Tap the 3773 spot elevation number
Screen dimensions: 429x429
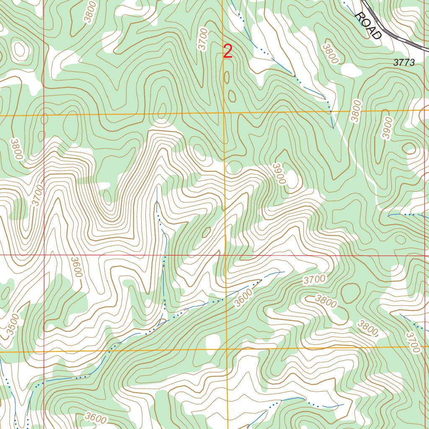coord(404,63)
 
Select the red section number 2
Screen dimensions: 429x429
coord(227,52)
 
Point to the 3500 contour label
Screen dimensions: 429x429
coord(13,325)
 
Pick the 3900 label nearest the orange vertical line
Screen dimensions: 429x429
coord(279,173)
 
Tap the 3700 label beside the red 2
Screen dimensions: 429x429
coord(204,39)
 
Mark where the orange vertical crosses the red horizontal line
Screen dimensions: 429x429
coord(225,255)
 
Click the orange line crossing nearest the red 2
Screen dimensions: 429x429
coord(224,113)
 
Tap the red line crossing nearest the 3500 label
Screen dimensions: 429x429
coord(44,351)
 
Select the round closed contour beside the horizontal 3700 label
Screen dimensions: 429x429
coord(350,292)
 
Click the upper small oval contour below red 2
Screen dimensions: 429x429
coord(227,78)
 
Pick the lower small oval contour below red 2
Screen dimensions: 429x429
coord(232,96)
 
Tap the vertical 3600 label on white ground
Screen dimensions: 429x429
coord(77,266)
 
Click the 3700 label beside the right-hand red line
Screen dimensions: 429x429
coord(413,342)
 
